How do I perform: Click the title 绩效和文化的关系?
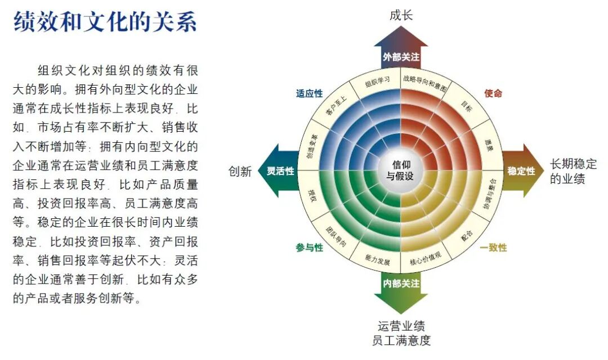click(105, 23)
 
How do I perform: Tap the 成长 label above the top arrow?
click(401, 15)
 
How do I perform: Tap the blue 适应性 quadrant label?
click(310, 93)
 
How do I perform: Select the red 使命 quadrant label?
click(493, 93)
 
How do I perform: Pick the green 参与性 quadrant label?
click(310, 247)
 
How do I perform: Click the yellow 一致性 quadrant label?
click(493, 247)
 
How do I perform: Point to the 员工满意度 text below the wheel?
click(401, 340)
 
